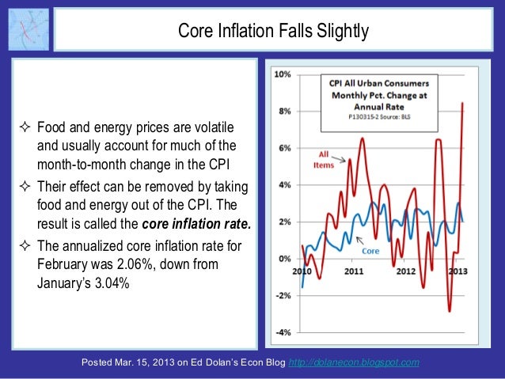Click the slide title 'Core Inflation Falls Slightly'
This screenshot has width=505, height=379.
[x=272, y=32]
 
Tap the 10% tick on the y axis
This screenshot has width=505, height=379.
[x=281, y=74]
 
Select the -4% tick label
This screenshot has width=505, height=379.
[x=282, y=332]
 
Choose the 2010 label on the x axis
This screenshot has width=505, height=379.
[x=302, y=271]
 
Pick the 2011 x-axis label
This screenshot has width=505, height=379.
[x=353, y=271]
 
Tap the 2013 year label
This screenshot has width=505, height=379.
[x=456, y=271]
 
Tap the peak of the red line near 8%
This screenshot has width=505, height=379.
[x=462, y=103]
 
